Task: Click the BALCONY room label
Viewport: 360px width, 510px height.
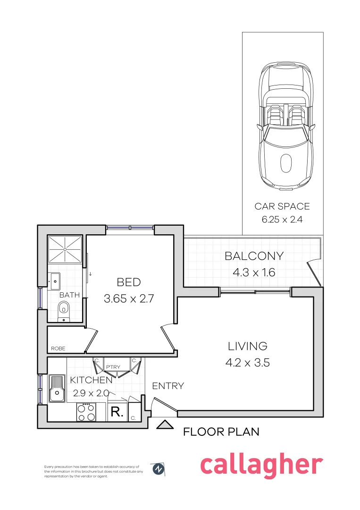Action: pyautogui.click(x=254, y=256)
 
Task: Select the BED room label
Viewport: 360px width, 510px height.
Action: pyautogui.click(x=129, y=282)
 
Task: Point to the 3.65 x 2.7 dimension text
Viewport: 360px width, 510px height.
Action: pyautogui.click(x=129, y=298)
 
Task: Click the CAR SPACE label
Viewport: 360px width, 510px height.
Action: pyautogui.click(x=282, y=206)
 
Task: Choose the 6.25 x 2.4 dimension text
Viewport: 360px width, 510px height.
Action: pyautogui.click(x=282, y=219)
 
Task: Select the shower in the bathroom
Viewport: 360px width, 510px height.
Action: pyautogui.click(x=66, y=248)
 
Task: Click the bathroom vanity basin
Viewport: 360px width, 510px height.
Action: pyautogui.click(x=54, y=281)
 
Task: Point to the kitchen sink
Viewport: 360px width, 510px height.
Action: pyautogui.click(x=57, y=388)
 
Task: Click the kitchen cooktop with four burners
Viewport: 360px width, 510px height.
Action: pyautogui.click(x=86, y=412)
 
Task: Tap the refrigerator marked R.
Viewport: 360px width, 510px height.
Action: pyautogui.click(x=117, y=412)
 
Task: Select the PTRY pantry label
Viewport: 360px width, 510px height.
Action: pyautogui.click(x=112, y=367)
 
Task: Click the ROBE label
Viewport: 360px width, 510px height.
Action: pyautogui.click(x=59, y=348)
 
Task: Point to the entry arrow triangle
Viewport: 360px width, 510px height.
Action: pyautogui.click(x=165, y=425)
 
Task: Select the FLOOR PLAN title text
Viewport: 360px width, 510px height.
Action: pyautogui.click(x=221, y=432)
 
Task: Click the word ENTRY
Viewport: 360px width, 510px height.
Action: pyautogui.click(x=167, y=386)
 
